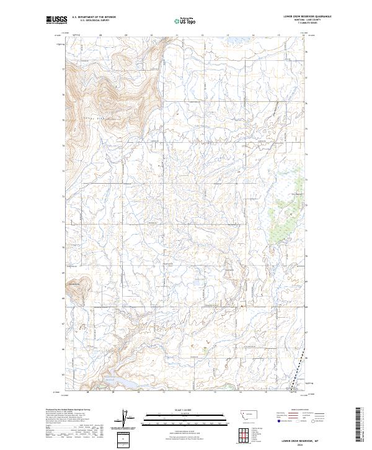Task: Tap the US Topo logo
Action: pyautogui.click(x=183, y=20)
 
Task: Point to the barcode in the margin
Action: pyautogui.click(x=358, y=425)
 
